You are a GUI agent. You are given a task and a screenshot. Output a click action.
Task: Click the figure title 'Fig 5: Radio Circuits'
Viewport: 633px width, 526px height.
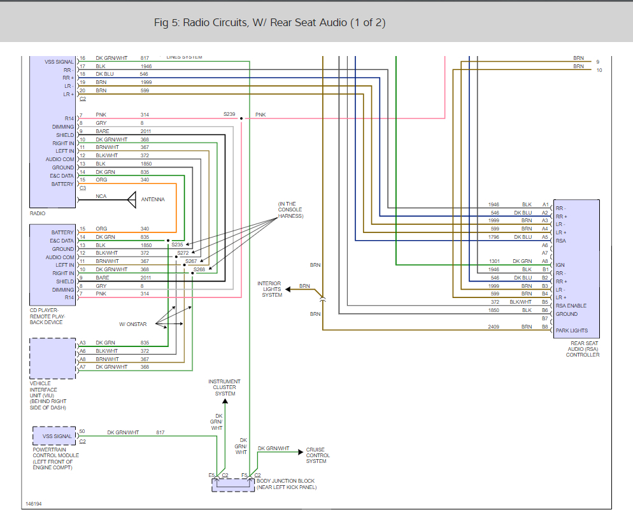(x=269, y=23)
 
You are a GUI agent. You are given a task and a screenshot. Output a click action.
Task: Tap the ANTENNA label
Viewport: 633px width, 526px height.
(x=153, y=199)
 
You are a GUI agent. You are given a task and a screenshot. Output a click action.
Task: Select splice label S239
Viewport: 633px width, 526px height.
(x=229, y=115)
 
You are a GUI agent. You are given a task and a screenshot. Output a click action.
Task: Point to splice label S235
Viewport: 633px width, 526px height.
(x=177, y=245)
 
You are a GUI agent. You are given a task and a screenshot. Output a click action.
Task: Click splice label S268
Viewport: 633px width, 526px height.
(x=199, y=269)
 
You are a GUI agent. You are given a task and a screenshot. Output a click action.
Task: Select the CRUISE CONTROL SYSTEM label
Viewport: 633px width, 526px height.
(x=318, y=455)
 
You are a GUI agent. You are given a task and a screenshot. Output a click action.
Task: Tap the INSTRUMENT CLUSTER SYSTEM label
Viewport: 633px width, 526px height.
(x=224, y=388)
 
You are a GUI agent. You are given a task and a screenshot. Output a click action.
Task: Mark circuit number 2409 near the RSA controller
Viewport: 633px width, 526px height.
(x=494, y=326)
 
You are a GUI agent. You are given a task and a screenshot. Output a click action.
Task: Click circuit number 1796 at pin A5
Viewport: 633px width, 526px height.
(x=494, y=237)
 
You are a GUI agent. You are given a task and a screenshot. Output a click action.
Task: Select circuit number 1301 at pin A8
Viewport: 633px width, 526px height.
(x=494, y=261)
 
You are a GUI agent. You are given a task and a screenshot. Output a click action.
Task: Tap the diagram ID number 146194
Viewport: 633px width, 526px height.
(x=34, y=504)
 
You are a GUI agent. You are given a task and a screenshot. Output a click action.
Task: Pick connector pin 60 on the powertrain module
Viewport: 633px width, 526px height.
(x=82, y=432)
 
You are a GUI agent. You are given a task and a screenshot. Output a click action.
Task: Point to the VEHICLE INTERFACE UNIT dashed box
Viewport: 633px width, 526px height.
(x=53, y=359)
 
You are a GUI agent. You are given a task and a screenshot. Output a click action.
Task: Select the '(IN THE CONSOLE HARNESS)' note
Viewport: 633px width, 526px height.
(x=290, y=210)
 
